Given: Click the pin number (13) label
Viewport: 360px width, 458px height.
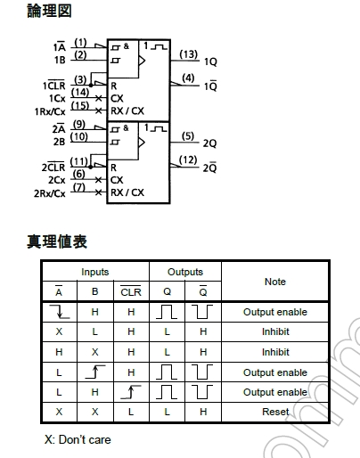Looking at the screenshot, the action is pyautogui.click(x=189, y=54).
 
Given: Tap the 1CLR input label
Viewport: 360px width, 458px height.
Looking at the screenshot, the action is pyautogui.click(x=53, y=86).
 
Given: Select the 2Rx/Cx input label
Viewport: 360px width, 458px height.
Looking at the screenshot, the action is pyautogui.click(x=50, y=193).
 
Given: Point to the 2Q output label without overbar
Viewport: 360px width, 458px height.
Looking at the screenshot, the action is pyautogui.click(x=209, y=143).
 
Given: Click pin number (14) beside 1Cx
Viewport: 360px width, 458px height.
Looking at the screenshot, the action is pyautogui.click(x=80, y=93).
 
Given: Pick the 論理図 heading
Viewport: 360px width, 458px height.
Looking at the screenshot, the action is pyautogui.click(x=49, y=11).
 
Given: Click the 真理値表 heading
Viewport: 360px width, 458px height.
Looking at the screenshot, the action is pyautogui.click(x=57, y=241).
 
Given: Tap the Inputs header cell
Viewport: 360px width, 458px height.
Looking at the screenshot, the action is pyautogui.click(x=95, y=272).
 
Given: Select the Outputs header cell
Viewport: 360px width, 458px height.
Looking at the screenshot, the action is pyautogui.click(x=185, y=272).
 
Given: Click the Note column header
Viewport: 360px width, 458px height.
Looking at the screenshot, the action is pyautogui.click(x=275, y=282).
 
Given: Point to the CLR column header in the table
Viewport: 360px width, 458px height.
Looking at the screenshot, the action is pyautogui.click(x=131, y=291).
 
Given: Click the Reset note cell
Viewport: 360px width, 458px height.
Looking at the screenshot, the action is pyautogui.click(x=275, y=412).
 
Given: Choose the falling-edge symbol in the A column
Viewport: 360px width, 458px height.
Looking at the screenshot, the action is pyautogui.click(x=60, y=312).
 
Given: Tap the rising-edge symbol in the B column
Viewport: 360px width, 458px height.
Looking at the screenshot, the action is pyautogui.click(x=95, y=372).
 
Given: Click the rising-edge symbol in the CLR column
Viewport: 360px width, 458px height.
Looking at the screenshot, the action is pyautogui.click(x=131, y=392).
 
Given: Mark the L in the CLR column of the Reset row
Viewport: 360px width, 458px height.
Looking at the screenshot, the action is pyautogui.click(x=131, y=412).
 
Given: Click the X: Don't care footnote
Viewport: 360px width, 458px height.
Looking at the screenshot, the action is pyautogui.click(x=78, y=439).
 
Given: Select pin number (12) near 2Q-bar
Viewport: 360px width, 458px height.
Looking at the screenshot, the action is pyautogui.click(x=188, y=160).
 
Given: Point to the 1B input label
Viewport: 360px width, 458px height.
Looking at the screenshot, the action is pyautogui.click(x=60, y=60).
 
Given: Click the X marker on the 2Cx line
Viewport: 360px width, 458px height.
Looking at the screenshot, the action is pyautogui.click(x=98, y=180).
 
